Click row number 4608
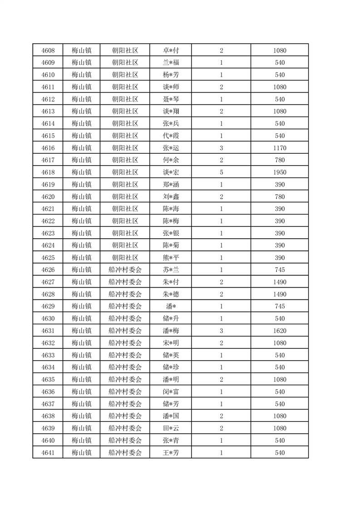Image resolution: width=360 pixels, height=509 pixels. [x=48, y=50]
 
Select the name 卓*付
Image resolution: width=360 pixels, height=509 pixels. [x=171, y=50]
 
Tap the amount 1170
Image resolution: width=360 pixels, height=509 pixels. [x=280, y=148]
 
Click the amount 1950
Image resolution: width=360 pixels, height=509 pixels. [x=280, y=172]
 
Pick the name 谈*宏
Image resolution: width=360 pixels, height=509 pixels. [x=171, y=172]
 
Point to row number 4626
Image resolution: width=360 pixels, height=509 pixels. [x=48, y=270]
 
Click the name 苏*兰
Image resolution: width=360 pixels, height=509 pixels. [x=171, y=270]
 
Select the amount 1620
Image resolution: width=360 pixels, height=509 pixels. [x=280, y=331]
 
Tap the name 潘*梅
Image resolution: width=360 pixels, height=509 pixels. [x=171, y=331]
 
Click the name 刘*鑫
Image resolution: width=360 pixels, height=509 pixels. [x=171, y=196]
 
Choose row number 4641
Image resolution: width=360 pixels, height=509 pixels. [x=48, y=453]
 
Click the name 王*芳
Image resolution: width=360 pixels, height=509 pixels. [x=171, y=453]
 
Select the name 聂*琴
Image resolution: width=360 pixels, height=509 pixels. [x=171, y=99]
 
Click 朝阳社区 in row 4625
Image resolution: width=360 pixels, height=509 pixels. [x=125, y=258]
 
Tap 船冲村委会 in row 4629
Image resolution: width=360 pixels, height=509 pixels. [x=125, y=307]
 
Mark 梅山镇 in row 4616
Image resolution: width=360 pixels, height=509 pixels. [x=82, y=148]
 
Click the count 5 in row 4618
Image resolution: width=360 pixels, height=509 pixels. [x=221, y=172]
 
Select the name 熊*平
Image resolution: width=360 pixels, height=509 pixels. [x=171, y=258]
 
